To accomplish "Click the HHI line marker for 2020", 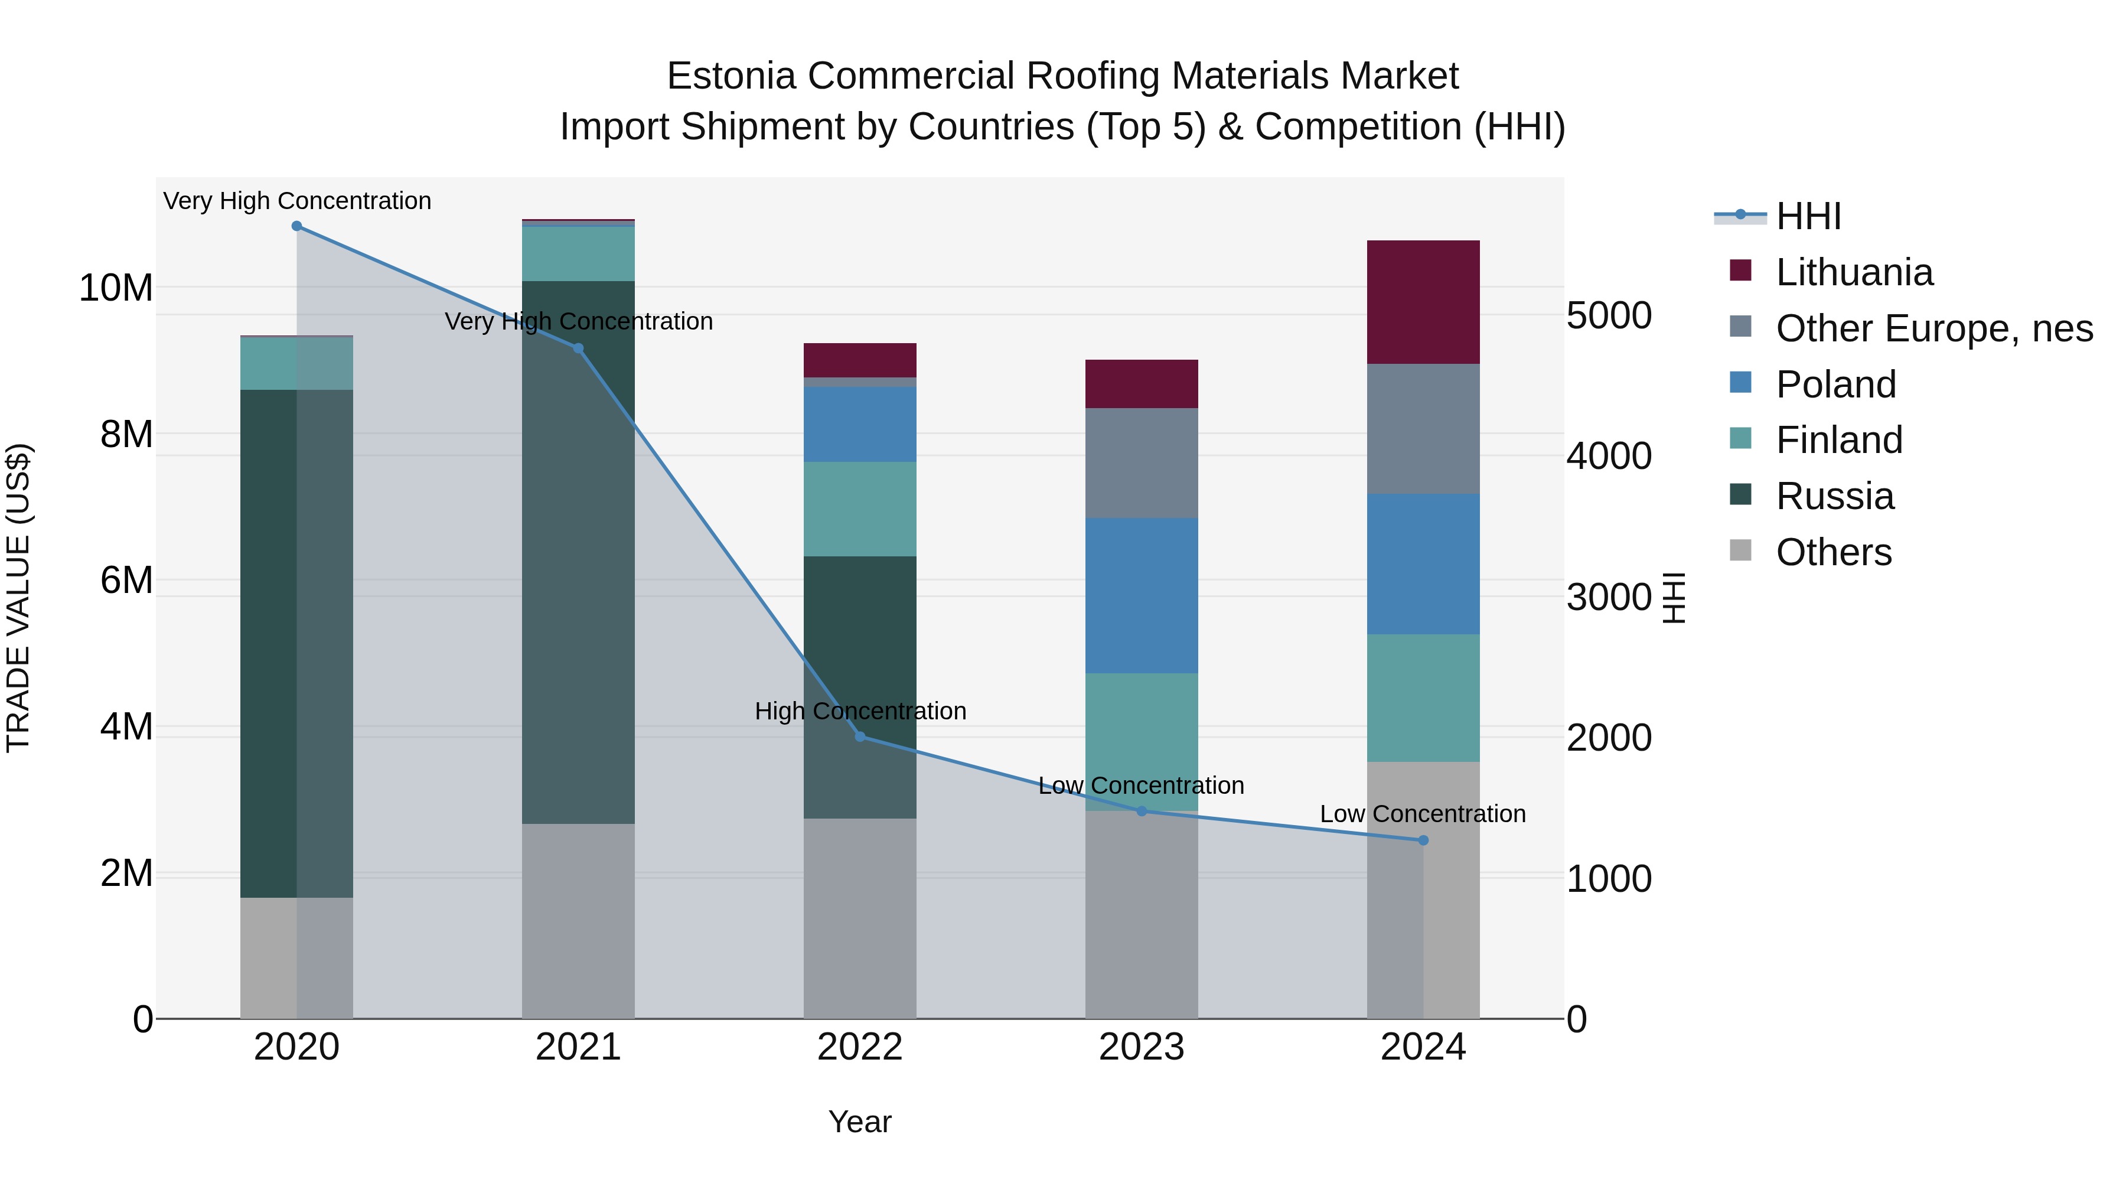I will click(296, 226).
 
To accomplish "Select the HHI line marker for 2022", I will click(860, 736).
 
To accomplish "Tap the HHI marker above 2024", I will click(1423, 840).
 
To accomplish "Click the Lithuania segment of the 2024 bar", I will click(1423, 302).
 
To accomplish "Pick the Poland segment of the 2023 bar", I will click(1142, 595).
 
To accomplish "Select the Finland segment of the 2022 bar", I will click(860, 509).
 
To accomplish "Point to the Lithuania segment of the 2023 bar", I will click(1142, 384).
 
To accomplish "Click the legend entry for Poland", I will click(1835, 384).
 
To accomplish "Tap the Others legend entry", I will click(1833, 552).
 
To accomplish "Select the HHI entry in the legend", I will click(1808, 216).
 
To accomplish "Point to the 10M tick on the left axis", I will click(116, 288).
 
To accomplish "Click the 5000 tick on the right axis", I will click(1609, 315).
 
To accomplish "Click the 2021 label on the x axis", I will click(578, 1047).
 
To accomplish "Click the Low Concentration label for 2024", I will click(1422, 814).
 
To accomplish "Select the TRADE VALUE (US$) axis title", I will click(18, 598).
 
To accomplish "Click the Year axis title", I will click(860, 1122).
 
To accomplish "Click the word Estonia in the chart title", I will click(731, 76).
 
